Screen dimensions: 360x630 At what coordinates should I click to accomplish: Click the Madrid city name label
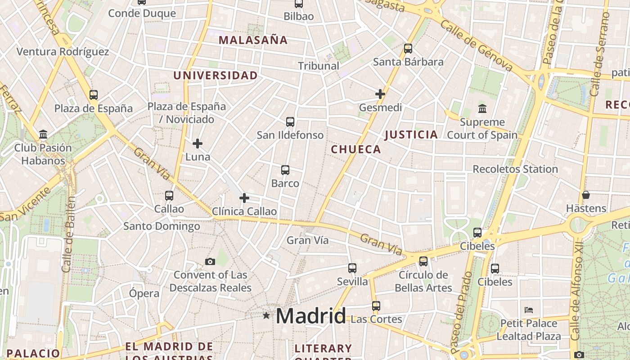[x=310, y=316]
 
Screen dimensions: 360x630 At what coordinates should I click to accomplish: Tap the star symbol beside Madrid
[x=266, y=316]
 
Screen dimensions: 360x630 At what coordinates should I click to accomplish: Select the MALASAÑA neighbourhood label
[x=253, y=40]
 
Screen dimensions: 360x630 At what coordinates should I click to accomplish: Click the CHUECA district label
[x=356, y=149]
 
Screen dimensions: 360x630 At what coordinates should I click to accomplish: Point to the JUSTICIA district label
[x=411, y=135]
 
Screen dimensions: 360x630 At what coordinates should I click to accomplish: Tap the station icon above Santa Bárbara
[x=408, y=49]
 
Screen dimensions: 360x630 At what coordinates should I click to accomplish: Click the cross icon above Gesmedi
[x=380, y=94]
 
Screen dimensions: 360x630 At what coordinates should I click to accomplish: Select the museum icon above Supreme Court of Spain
[x=482, y=108]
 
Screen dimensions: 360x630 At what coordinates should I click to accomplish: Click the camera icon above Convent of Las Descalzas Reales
[x=210, y=261]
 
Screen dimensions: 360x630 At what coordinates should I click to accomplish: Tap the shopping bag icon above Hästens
[x=585, y=195]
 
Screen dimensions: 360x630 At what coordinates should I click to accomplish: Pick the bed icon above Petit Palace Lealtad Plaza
[x=529, y=310]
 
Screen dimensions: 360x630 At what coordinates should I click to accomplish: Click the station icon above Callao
[x=169, y=196]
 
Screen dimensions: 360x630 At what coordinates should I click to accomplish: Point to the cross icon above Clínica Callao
[x=244, y=198]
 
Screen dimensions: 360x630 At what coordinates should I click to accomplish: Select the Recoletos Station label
[x=515, y=169]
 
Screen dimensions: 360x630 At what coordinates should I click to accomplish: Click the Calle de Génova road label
[x=477, y=45]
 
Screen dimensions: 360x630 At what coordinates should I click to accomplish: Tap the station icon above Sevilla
[x=352, y=268]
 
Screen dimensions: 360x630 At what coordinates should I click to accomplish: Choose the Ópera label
[x=144, y=293]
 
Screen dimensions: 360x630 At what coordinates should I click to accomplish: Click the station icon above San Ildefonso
[x=290, y=121]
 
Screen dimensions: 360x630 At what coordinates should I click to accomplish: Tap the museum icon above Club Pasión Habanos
[x=43, y=134]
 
